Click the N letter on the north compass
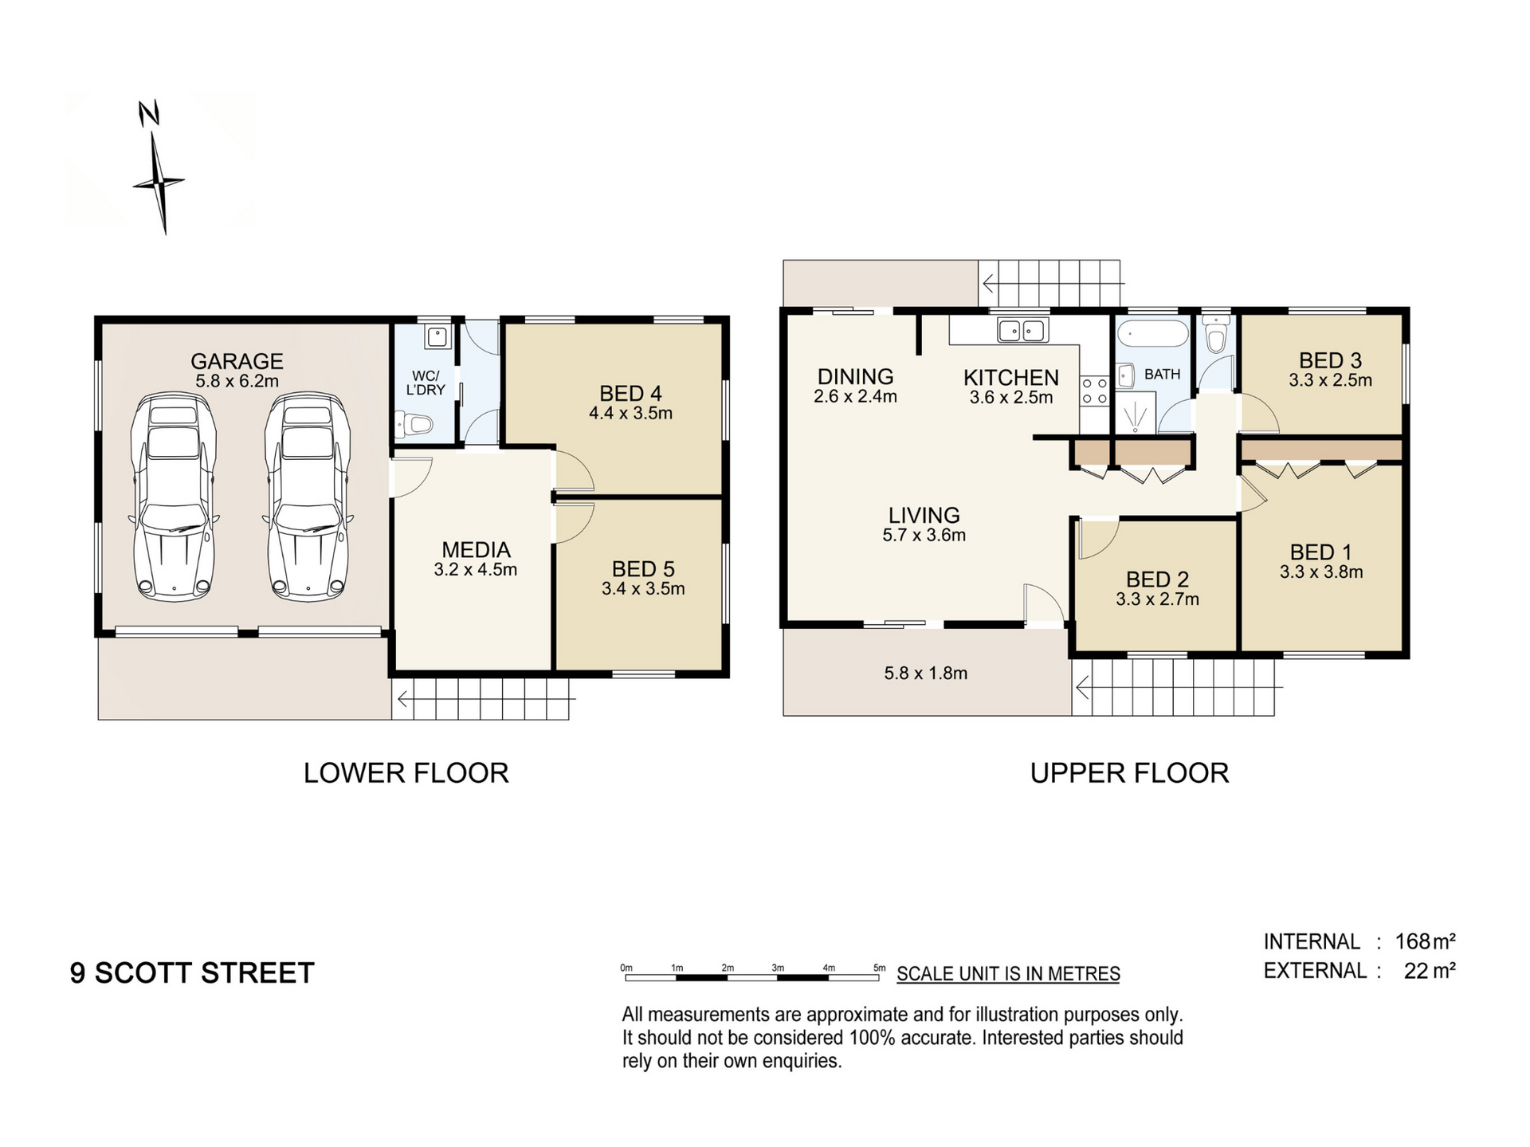pyautogui.click(x=149, y=113)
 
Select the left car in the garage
pyautogui.click(x=174, y=496)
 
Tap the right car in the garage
pyautogui.click(x=307, y=496)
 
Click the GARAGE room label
pyautogui.click(x=237, y=361)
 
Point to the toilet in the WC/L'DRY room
pyautogui.click(x=414, y=425)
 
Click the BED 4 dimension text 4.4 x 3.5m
pyautogui.click(x=630, y=413)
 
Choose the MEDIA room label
pyautogui.click(x=476, y=549)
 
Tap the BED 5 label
pyautogui.click(x=643, y=569)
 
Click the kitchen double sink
pyautogui.click(x=1022, y=330)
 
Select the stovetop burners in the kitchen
pyautogui.click(x=1094, y=391)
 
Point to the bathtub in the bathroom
pyautogui.click(x=1153, y=332)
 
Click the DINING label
pyautogui.click(x=855, y=376)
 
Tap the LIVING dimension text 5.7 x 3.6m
pyautogui.click(x=924, y=535)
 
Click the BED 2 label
pyautogui.click(x=1157, y=579)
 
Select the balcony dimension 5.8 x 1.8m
pyautogui.click(x=925, y=673)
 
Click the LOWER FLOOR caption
pyautogui.click(x=406, y=772)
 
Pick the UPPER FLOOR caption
pyautogui.click(x=1129, y=772)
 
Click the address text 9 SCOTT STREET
pyautogui.click(x=192, y=972)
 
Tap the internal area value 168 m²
pyautogui.click(x=1425, y=941)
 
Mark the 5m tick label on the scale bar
pyautogui.click(x=879, y=968)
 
